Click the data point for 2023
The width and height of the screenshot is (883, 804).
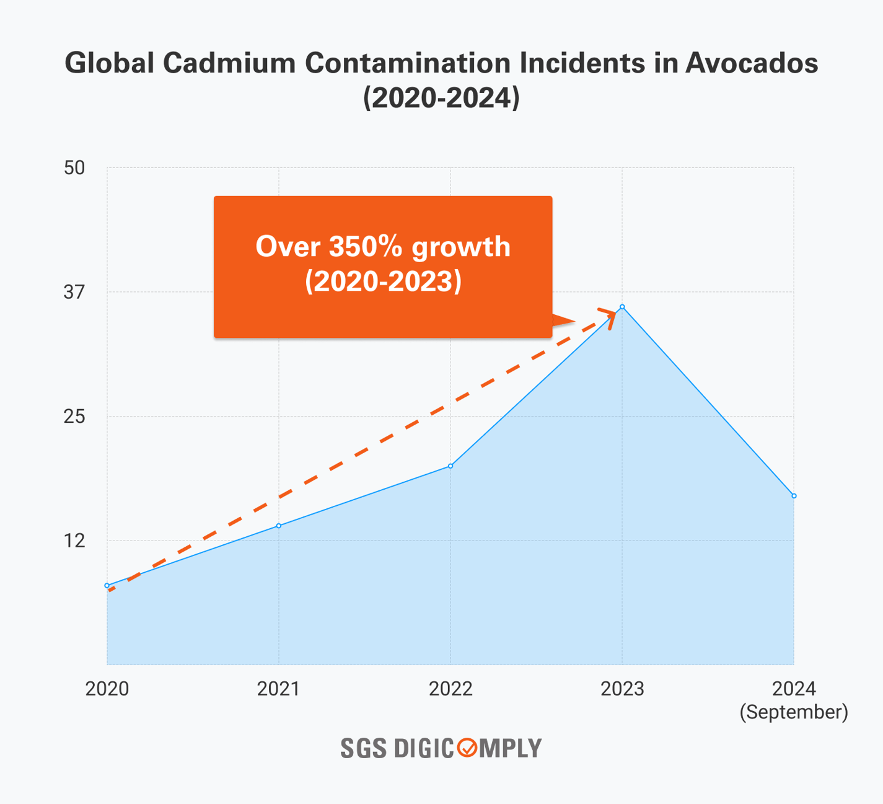click(622, 307)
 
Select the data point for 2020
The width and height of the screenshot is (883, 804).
click(107, 585)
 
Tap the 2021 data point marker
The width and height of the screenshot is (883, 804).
click(279, 526)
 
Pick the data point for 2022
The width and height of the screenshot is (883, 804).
click(450, 466)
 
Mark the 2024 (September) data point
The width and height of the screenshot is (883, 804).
click(794, 496)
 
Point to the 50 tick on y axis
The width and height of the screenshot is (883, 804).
click(74, 168)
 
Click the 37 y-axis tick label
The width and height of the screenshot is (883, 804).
click(74, 292)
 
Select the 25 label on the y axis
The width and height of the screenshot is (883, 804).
click(74, 416)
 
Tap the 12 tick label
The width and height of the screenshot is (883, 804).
click(74, 541)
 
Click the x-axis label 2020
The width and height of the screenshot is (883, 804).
click(107, 689)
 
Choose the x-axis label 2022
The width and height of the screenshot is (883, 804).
click(450, 689)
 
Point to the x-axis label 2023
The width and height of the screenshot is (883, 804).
click(622, 689)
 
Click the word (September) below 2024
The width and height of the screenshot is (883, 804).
click(794, 712)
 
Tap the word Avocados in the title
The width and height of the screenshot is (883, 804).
click(751, 63)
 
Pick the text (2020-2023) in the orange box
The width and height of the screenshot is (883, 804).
click(383, 281)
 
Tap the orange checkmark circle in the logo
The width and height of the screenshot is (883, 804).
click(467, 748)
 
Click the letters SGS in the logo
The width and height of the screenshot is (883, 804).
click(363, 748)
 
